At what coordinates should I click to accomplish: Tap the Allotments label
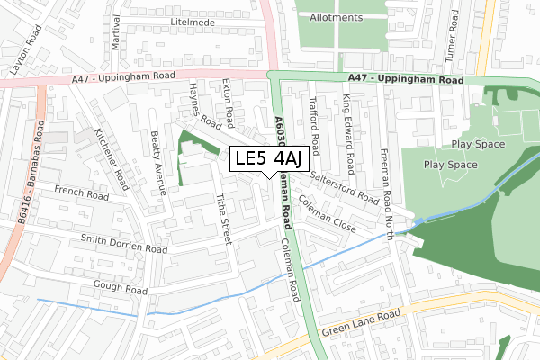pyautogui.click(x=336, y=17)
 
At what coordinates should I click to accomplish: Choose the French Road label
pyautogui.click(x=80, y=191)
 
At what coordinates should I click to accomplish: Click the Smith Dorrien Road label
pyautogui.click(x=124, y=243)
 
